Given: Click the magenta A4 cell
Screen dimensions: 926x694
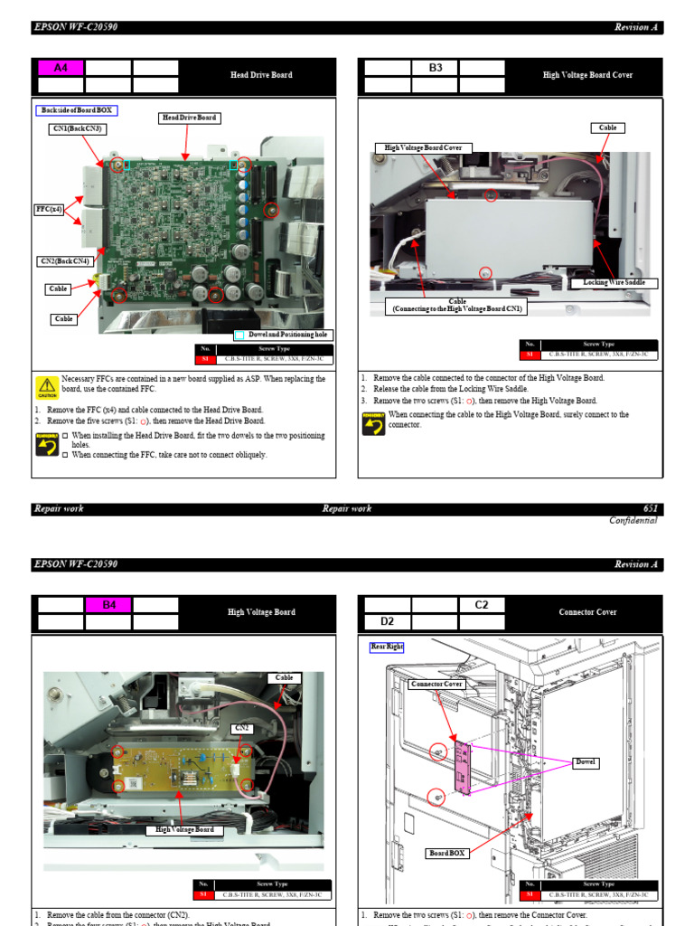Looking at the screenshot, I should coord(61,68).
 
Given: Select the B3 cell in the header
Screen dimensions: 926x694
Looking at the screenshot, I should coord(435,68).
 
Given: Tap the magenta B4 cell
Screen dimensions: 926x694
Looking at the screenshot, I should coord(108,605).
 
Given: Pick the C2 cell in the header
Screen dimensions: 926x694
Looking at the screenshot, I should coord(483,605).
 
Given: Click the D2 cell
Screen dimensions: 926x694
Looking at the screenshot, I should coord(387,622).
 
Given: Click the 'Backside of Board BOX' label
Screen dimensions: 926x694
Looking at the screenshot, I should coord(77,110).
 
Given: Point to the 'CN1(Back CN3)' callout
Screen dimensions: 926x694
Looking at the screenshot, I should coord(77,129).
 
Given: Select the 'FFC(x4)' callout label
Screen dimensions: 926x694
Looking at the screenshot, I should coord(49,210).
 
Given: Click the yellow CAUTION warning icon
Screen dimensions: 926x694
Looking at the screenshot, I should coord(46,385).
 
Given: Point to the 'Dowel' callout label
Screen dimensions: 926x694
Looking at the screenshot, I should coord(586,762).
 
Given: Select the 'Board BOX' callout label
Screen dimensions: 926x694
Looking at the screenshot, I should coord(448,853).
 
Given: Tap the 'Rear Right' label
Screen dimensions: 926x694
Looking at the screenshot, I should coord(386,647).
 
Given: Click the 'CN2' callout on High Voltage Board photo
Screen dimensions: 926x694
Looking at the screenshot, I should coord(242,727).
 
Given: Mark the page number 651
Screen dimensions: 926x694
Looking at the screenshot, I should coord(650,508).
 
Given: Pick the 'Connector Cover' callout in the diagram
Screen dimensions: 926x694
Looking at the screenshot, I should coord(436,684).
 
